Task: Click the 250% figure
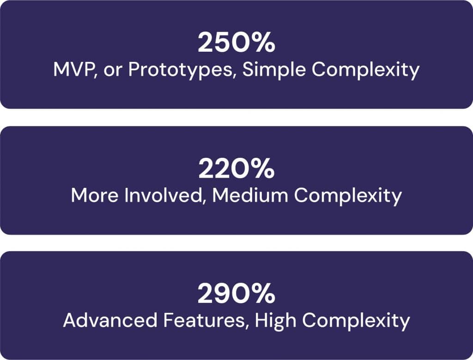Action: click(x=236, y=42)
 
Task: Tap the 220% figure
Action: click(x=236, y=169)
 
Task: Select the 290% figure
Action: click(x=236, y=294)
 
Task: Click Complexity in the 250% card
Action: click(x=366, y=70)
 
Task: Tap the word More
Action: click(x=95, y=195)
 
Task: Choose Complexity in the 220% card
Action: click(x=348, y=196)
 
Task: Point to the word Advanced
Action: click(x=110, y=320)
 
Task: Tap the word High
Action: click(x=275, y=321)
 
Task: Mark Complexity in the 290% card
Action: click(x=356, y=321)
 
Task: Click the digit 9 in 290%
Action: click(x=225, y=294)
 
